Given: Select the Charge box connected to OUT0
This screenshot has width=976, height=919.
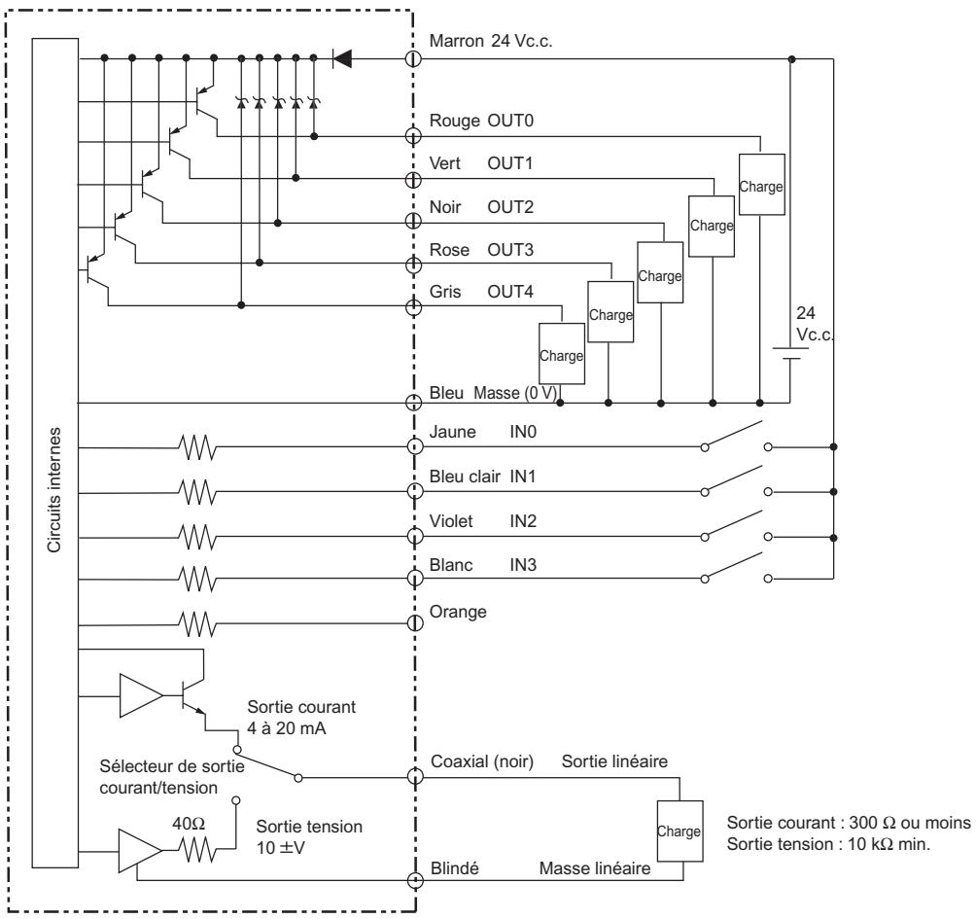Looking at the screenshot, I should pos(761,185).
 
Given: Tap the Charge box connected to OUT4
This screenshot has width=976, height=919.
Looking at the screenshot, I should pos(562,355).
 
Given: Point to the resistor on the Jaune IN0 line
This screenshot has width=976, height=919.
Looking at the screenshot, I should pos(196,448).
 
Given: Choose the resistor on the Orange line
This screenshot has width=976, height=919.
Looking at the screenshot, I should pos(196,619).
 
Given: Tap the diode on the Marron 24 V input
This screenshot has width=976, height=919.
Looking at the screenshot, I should pos(341,59).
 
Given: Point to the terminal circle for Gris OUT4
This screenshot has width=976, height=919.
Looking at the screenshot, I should pos(413,307).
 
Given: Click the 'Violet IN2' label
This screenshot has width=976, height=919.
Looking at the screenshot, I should pos(478,521).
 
